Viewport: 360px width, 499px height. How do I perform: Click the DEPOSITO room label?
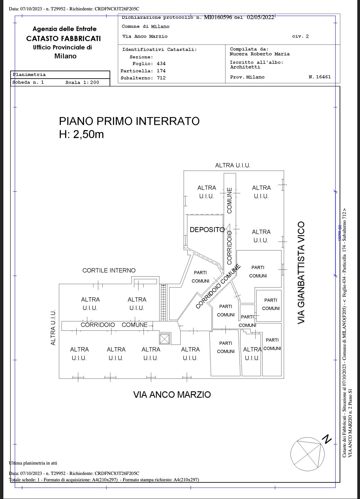(207, 230)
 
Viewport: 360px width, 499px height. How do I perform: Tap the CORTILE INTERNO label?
(109, 271)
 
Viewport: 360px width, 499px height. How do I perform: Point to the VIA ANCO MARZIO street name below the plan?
(172, 395)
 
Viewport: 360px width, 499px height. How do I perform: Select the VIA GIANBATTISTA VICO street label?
(301, 273)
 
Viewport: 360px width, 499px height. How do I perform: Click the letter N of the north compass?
(327, 439)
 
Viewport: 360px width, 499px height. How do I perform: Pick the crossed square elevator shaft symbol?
(165, 339)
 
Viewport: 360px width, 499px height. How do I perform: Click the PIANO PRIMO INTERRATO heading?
(129, 121)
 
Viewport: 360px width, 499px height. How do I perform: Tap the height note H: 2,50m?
(81, 134)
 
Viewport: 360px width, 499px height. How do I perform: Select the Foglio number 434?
(161, 64)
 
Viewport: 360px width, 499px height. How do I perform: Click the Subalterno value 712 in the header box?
(161, 78)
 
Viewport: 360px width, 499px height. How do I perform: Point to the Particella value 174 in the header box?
(161, 71)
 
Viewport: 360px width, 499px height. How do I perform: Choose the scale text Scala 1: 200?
(82, 82)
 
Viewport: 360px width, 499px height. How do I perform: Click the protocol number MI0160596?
(218, 17)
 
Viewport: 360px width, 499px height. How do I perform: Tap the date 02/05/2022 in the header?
(260, 17)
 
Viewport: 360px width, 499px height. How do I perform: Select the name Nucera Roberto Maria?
(260, 54)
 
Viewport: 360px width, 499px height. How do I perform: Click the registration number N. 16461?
(320, 77)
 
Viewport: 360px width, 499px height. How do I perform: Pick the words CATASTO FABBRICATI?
(64, 38)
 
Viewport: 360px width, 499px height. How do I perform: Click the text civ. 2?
(300, 36)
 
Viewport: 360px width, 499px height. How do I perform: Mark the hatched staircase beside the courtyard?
(163, 303)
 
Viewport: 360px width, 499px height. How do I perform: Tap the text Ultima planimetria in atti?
(33, 463)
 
